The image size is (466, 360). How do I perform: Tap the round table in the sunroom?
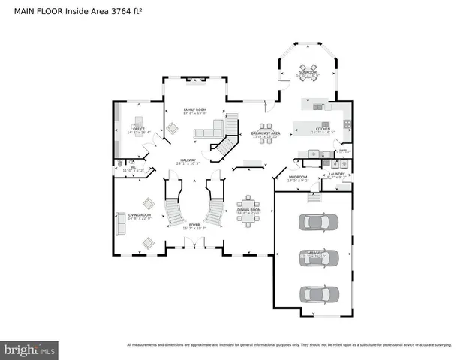coord(308,64)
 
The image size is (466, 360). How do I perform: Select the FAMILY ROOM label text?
coord(195,110)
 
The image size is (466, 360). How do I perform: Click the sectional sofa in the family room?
coord(208,133)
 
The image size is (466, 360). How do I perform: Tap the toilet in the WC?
coord(120,162)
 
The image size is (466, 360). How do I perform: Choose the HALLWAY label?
coord(187,160)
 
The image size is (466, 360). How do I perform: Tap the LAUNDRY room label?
coord(336,174)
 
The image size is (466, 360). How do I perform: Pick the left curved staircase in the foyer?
coord(173,211)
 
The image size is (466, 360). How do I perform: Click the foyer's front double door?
coord(194,242)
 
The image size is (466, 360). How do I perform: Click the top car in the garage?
coord(314,222)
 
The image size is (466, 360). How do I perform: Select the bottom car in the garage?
coord(314,292)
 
